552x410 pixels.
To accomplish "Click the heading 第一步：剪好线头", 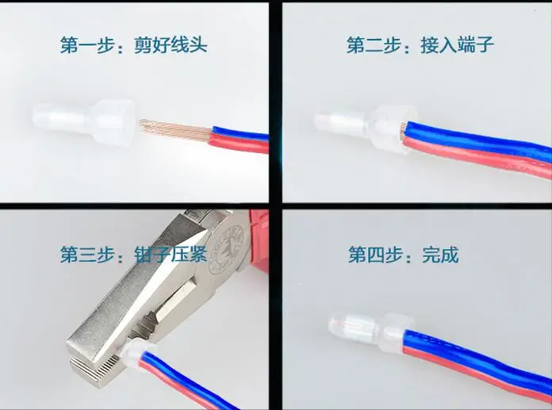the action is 133,44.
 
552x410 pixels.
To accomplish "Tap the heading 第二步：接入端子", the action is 420,44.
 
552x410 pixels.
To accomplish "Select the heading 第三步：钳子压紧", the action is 133,254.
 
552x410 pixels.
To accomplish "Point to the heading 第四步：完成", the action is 404,254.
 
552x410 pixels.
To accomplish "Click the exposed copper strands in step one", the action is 175,128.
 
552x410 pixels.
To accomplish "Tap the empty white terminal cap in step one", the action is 84,121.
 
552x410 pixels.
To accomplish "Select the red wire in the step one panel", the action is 240,143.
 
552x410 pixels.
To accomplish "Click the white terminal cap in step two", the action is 366,128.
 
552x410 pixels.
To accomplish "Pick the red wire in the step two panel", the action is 475,155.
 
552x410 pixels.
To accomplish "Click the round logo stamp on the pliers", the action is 226,251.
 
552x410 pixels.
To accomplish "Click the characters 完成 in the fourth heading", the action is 440,254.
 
